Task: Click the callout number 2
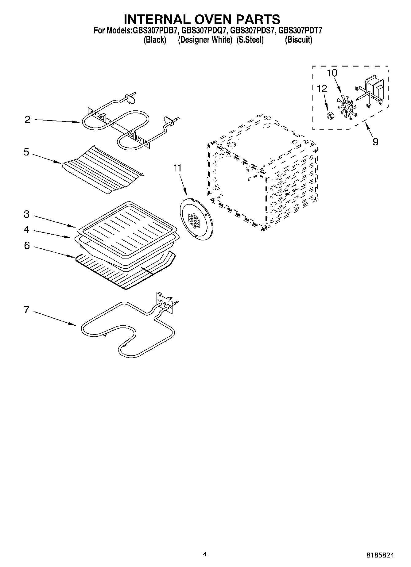point(28,120)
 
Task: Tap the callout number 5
point(26,152)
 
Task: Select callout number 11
point(177,168)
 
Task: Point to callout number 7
point(26,310)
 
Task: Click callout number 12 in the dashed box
point(322,89)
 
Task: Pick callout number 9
point(375,142)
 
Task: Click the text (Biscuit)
point(298,40)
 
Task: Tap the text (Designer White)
point(205,40)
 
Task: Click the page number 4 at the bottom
point(205,554)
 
